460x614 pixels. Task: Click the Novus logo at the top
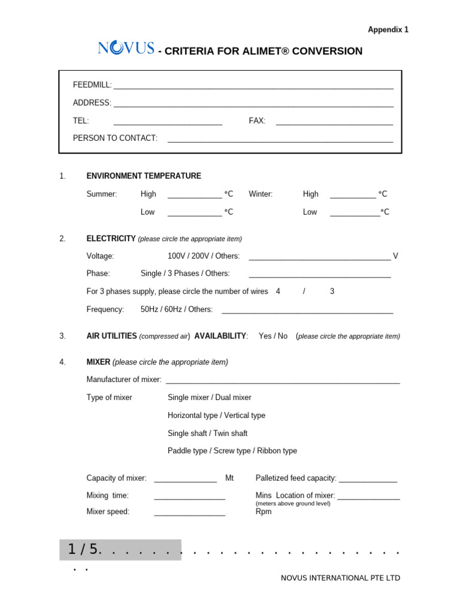point(126,49)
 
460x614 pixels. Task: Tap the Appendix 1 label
point(388,29)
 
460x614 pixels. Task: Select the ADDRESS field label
point(92,103)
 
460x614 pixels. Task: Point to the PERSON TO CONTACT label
point(115,138)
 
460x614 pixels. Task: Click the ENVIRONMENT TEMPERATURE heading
point(144,176)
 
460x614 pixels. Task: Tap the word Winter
point(261,194)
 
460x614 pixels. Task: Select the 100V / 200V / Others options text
point(204,256)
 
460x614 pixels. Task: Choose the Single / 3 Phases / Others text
point(185,273)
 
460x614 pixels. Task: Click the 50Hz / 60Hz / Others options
point(177,309)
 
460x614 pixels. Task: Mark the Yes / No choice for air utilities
point(273,336)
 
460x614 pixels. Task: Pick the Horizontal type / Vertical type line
point(216,416)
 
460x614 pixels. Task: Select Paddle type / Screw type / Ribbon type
point(232,451)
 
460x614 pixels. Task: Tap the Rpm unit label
point(264,511)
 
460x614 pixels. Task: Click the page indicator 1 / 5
point(82,549)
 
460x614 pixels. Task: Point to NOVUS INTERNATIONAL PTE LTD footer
point(340,578)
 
